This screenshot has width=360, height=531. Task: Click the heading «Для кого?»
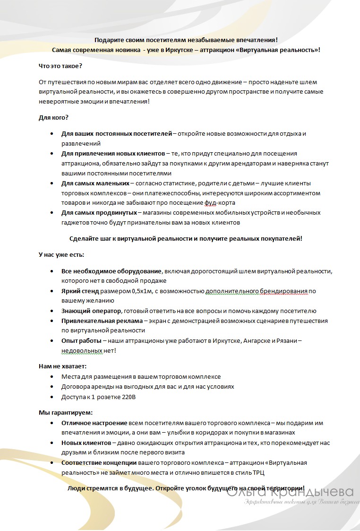pyautogui.click(x=53, y=118)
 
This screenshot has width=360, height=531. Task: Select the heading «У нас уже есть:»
pyautogui.click(x=61, y=255)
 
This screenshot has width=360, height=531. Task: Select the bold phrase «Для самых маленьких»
pyautogui.click(x=95, y=183)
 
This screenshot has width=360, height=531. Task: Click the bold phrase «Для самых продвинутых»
pyautogui.click(x=99, y=213)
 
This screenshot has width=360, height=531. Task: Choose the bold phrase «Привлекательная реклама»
pyautogui.click(x=101, y=321)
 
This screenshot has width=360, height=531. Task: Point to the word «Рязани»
pyautogui.click(x=286, y=340)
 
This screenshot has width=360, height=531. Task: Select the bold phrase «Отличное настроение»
pyautogui.click(x=94, y=423)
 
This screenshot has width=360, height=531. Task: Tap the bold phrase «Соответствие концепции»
pyautogui.click(x=99, y=462)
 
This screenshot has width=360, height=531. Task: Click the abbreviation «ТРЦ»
pyautogui.click(x=281, y=472)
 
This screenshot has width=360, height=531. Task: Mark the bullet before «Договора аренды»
pyautogui.click(x=51, y=387)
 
